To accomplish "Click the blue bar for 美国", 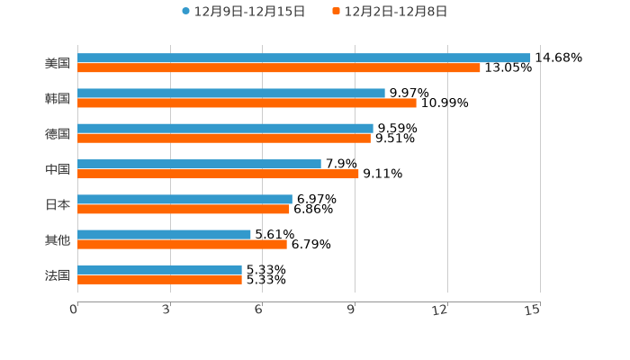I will click(x=304, y=58).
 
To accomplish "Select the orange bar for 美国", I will click(x=279, y=67).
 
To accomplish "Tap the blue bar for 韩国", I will click(x=231, y=93).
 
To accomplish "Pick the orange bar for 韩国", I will click(x=247, y=103).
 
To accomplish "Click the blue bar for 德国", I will click(x=225, y=128).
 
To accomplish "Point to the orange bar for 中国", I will click(x=218, y=174).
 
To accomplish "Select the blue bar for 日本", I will click(x=184, y=199).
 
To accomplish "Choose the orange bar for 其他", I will click(x=182, y=244).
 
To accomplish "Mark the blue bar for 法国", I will click(x=159, y=269).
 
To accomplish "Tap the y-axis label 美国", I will click(x=58, y=63).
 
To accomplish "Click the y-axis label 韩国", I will click(x=58, y=98).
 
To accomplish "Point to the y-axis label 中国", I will click(x=58, y=169).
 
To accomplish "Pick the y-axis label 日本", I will click(x=58, y=204).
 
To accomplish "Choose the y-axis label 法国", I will click(x=58, y=274).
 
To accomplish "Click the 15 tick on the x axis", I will click(x=533, y=310).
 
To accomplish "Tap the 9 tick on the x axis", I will click(x=353, y=310).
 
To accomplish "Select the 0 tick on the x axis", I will click(x=74, y=310).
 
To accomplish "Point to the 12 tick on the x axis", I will click(x=440, y=310).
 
